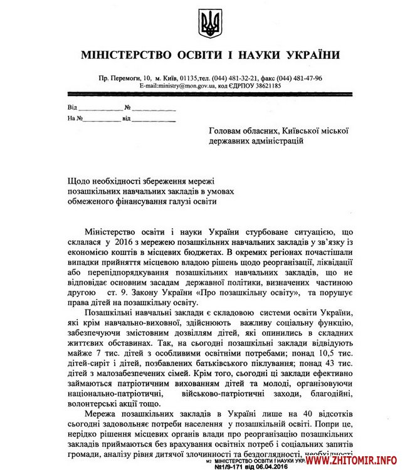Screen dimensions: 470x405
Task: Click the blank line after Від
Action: coord(99,108)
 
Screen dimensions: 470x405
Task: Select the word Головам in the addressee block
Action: coord(229,130)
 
